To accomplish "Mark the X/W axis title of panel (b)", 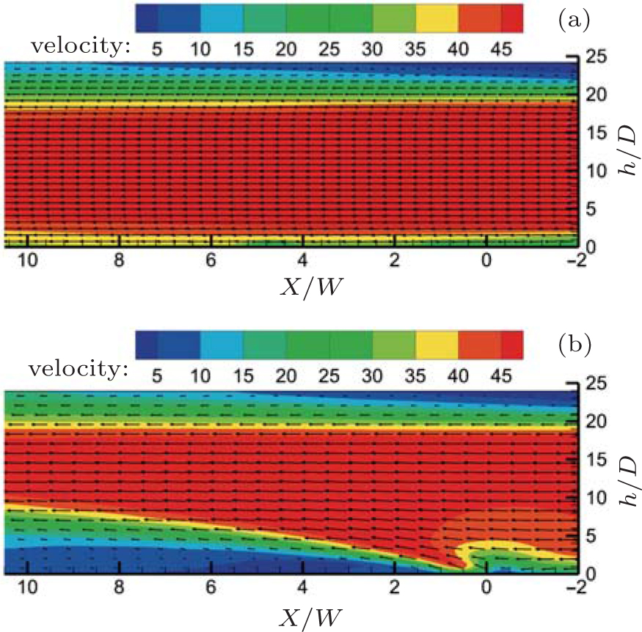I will pos(303,613).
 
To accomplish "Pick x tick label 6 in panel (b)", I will pos(211,589).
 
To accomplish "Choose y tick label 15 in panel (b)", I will pos(589,459).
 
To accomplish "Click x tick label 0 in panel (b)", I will pos(486,589).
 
